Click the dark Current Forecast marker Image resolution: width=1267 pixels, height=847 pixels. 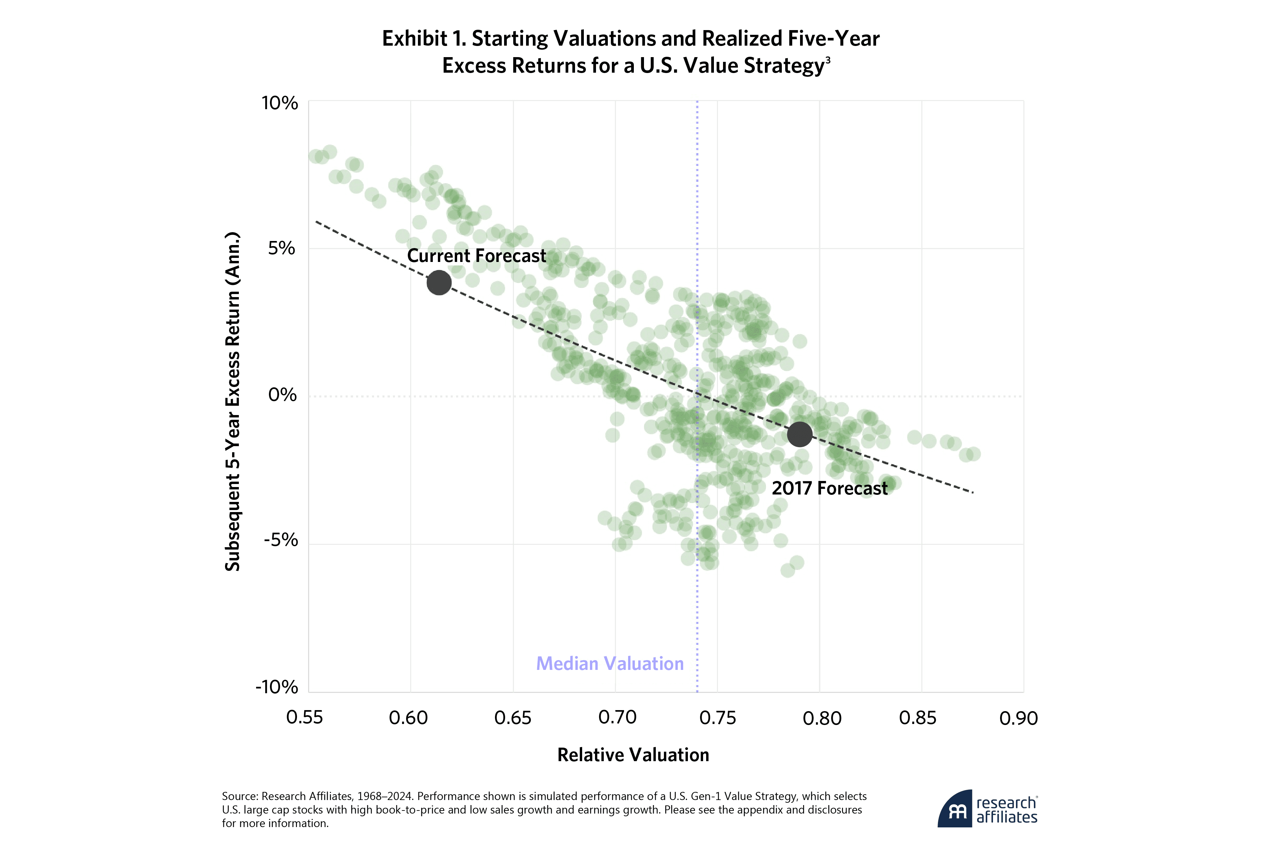pyautogui.click(x=439, y=283)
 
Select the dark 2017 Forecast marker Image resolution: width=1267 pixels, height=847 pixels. pyautogui.click(x=799, y=434)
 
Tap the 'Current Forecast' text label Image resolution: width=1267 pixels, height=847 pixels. pyautogui.click(x=476, y=256)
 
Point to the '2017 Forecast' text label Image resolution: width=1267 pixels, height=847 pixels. pyautogui.click(x=829, y=488)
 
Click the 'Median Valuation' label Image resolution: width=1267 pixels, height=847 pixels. pyautogui.click(x=610, y=663)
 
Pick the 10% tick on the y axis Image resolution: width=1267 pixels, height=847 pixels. pyautogui.click(x=280, y=103)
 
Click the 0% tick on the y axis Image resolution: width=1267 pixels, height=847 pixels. pyautogui.click(x=282, y=395)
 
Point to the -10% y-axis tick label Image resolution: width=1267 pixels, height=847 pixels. pyautogui.click(x=276, y=687)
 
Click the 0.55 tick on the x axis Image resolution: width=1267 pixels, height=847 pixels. pyautogui.click(x=304, y=718)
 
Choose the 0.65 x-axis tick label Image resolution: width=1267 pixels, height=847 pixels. pyautogui.click(x=513, y=718)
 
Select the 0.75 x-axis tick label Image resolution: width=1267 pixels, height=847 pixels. pyautogui.click(x=717, y=718)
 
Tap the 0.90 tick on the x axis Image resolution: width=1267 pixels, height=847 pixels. pyautogui.click(x=1018, y=718)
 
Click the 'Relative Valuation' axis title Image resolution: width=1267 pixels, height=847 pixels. pyautogui.click(x=633, y=755)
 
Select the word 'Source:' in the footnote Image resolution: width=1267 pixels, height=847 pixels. pyautogui.click(x=240, y=796)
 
